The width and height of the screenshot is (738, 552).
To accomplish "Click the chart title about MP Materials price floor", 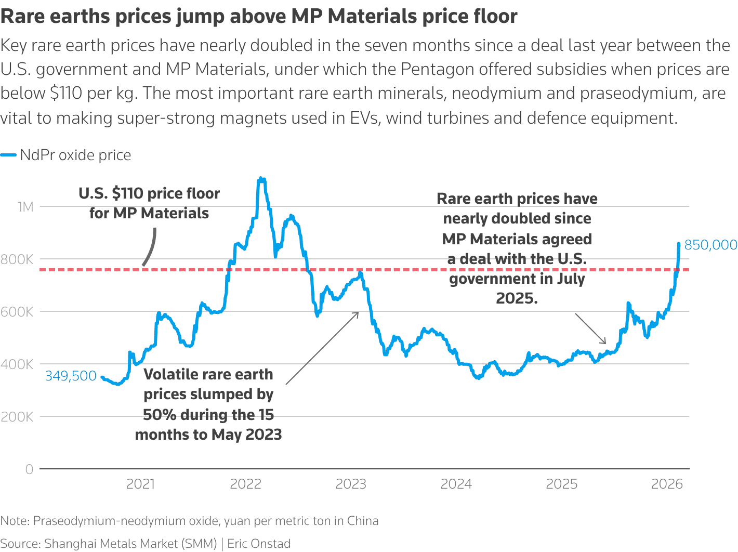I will click(x=259, y=17).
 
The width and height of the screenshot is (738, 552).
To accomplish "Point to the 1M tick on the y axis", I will click(x=25, y=207).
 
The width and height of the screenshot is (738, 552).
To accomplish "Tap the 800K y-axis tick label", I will click(x=17, y=259).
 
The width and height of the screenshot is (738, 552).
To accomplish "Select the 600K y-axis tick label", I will click(x=17, y=312).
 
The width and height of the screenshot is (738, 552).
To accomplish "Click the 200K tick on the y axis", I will click(x=17, y=417).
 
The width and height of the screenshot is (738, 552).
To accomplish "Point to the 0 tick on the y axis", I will click(x=29, y=469).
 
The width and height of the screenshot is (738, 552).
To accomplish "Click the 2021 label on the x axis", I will click(x=140, y=484).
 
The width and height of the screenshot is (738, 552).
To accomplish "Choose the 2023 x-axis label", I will click(x=351, y=484).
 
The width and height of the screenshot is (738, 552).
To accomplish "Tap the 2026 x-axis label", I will click(x=667, y=484).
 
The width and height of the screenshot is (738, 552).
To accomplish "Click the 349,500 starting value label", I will click(x=71, y=376).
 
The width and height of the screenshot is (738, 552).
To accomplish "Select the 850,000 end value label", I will click(x=710, y=245).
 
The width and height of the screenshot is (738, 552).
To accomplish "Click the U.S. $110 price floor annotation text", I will click(x=149, y=203).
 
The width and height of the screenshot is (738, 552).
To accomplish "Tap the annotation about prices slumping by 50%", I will click(x=208, y=404).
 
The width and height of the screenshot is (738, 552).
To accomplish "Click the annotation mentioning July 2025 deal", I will click(x=517, y=248).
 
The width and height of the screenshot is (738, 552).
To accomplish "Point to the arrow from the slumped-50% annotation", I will click(x=322, y=348).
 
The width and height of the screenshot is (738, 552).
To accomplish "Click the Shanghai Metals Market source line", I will click(x=146, y=544).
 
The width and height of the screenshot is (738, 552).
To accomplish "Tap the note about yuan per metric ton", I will click(x=189, y=521).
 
